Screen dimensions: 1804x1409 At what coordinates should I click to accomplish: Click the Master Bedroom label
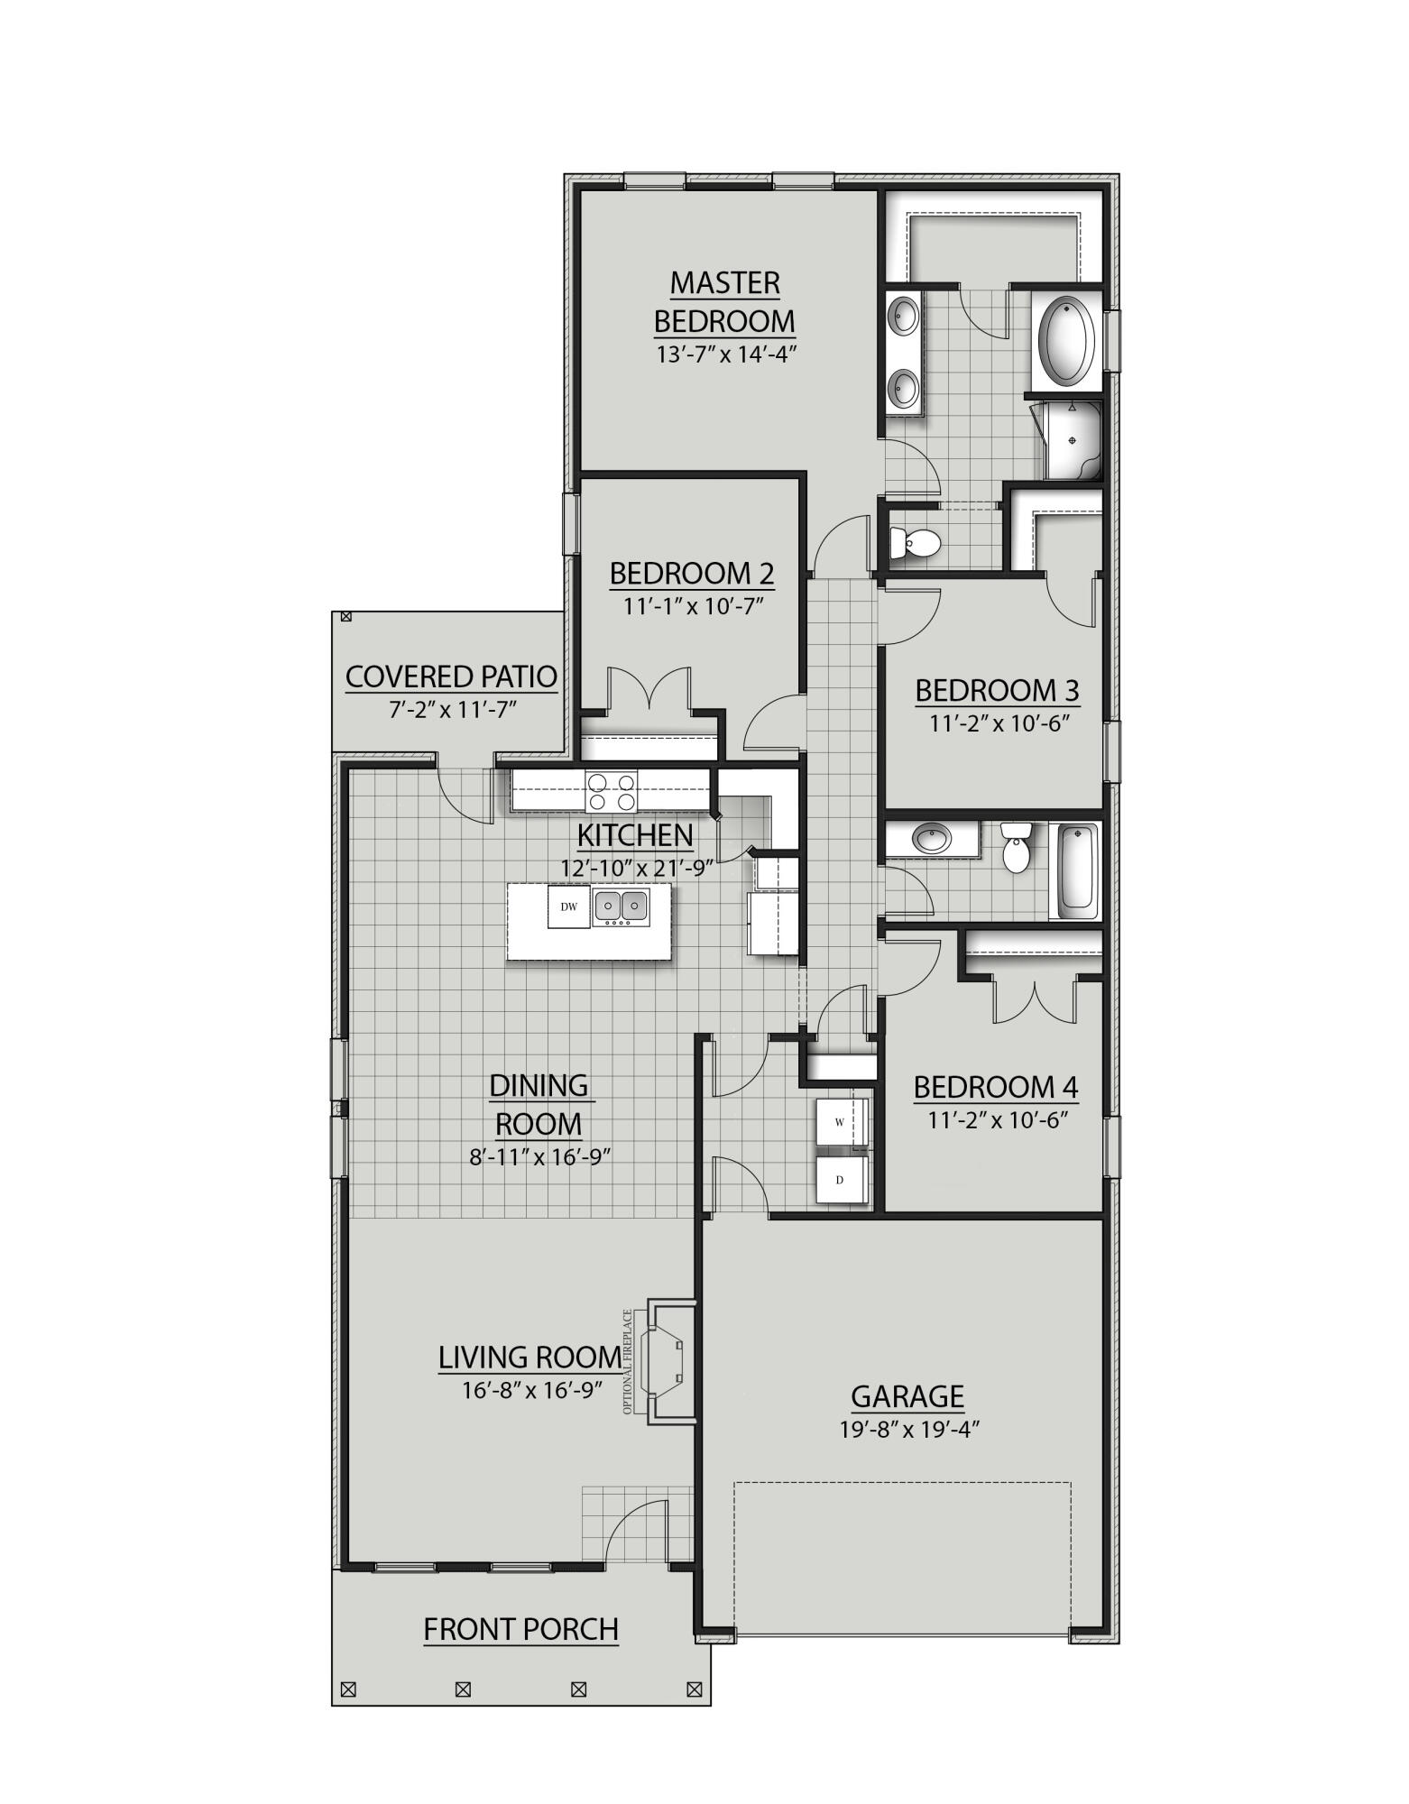724,302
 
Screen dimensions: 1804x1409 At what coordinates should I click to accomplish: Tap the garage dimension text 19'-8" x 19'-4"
907,1429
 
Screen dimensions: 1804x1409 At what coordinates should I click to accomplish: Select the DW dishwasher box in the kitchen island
568,907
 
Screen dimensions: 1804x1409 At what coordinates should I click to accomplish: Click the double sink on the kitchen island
621,906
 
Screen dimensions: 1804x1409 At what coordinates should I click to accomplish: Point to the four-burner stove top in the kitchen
611,791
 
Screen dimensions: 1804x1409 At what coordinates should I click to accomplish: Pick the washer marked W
840,1121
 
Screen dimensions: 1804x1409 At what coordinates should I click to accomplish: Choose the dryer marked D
840,1180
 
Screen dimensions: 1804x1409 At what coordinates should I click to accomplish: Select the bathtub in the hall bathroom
1076,868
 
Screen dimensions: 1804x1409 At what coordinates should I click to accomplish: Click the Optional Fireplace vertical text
628,1361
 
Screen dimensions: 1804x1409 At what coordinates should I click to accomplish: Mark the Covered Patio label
451,676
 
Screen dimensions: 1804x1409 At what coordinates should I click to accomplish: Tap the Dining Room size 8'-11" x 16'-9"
539,1156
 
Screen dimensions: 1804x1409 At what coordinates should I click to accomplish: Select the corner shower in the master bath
1072,440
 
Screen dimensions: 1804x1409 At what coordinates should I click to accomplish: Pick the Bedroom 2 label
691,573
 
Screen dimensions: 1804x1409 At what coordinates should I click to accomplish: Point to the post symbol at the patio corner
344,617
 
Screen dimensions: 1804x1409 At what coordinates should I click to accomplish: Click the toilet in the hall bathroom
1017,849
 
